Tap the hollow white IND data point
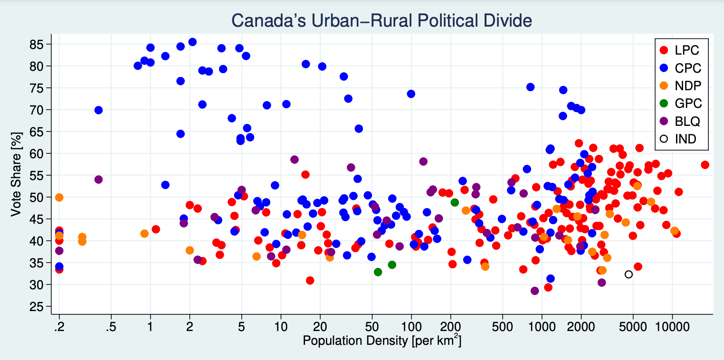[x=629, y=275]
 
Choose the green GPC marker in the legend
[x=664, y=103]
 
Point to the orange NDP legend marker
[x=664, y=85]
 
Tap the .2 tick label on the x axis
[x=59, y=327]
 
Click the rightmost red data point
[x=705, y=165]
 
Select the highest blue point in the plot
[x=192, y=42]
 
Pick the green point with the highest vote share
[x=455, y=202]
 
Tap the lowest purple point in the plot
[x=535, y=291]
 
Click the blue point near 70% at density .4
[x=98, y=110]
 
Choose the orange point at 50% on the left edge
[x=59, y=198]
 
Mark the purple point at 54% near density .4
[x=98, y=180]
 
